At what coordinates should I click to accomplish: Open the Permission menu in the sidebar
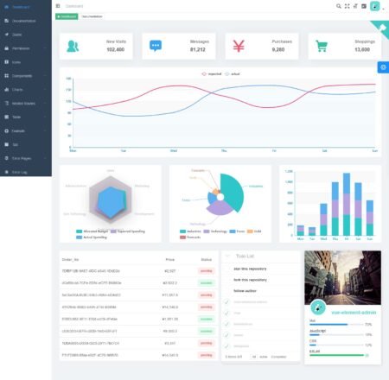[22, 47]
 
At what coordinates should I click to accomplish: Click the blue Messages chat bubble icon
[156, 46]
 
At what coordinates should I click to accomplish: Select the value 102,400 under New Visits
[115, 50]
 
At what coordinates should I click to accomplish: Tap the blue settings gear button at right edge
[383, 66]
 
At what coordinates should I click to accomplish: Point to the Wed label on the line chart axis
[174, 151]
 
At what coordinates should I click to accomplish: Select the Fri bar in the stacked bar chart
[344, 216]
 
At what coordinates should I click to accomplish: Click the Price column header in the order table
[169, 258]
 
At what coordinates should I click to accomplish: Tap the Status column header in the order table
[206, 258]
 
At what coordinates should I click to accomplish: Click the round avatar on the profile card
[343, 303]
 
